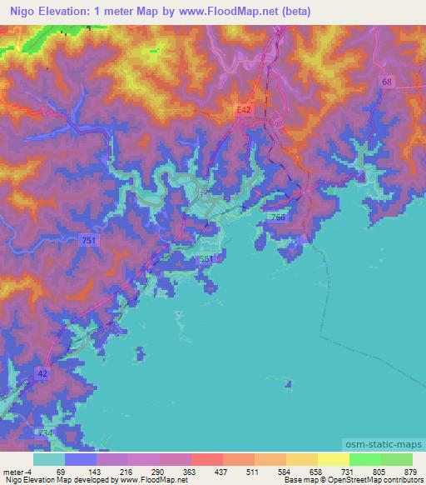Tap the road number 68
tap(387, 82)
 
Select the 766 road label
tap(278, 217)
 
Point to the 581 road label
tap(207, 259)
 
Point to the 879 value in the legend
tap(410, 472)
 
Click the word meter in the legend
tap(12, 472)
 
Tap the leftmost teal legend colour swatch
tap(49, 459)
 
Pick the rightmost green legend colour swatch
tap(396, 459)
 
